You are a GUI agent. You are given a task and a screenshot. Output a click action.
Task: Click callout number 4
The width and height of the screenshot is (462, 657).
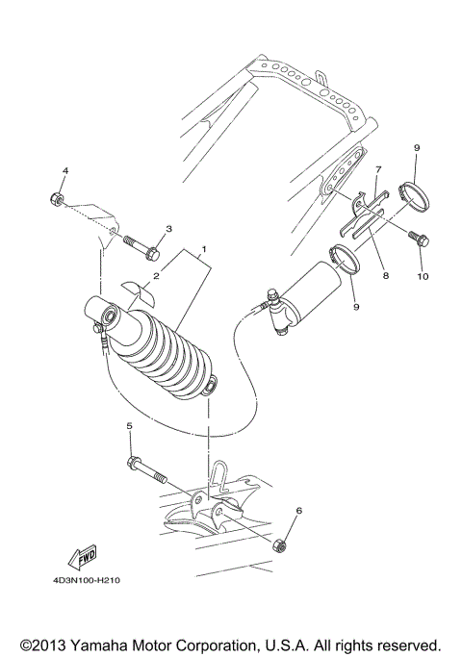(x=64, y=172)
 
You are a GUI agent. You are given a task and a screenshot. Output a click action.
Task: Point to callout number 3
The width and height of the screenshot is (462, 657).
(x=167, y=229)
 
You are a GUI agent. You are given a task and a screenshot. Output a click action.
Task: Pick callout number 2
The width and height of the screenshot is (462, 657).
(x=155, y=276)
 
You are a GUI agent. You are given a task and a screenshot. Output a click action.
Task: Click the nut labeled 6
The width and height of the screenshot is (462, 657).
(x=285, y=544)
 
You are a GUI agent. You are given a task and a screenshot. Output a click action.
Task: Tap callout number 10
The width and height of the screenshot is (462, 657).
(x=421, y=276)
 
